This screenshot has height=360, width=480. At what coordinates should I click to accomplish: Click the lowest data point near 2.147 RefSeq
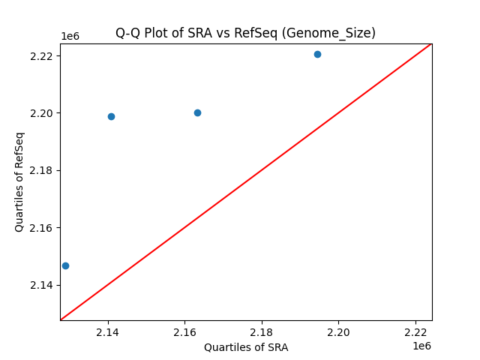pos(65,265)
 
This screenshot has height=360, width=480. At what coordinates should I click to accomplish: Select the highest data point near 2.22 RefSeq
pos(317,54)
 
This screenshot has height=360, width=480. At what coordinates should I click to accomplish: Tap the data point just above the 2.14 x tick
pos(111,116)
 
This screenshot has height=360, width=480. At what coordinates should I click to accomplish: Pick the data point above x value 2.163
pos(197,112)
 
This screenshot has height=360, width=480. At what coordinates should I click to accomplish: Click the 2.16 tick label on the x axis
pos(184,332)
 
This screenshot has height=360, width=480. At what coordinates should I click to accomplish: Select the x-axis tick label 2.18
pos(262,332)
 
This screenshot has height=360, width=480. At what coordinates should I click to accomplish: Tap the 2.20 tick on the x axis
pos(338,332)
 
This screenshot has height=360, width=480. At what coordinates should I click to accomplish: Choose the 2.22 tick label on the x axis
pos(415,332)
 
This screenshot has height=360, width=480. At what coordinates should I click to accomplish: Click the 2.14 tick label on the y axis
pos(41,285)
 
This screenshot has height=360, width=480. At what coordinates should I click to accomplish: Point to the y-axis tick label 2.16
pos(41,228)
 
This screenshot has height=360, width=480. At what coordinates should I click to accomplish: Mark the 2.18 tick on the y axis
pos(41,170)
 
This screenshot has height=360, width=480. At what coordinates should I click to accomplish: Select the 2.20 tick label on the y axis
pos(41,113)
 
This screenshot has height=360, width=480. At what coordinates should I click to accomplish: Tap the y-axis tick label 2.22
pos(41,56)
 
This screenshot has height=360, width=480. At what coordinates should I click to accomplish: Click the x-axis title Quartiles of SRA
pos(246,347)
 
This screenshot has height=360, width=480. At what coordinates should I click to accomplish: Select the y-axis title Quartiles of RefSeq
pos(19,181)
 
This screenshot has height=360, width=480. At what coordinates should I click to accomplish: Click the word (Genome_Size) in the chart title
pos(337,33)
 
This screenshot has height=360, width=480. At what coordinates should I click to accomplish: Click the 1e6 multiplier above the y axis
pos(70,36)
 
